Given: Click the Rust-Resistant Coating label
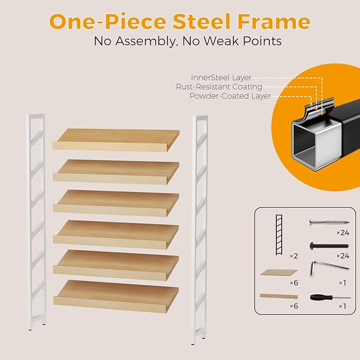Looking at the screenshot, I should [218, 86].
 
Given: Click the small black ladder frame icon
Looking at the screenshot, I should [278, 233].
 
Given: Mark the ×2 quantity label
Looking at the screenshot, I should [294, 257].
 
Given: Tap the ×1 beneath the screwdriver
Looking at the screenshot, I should [342, 306].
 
